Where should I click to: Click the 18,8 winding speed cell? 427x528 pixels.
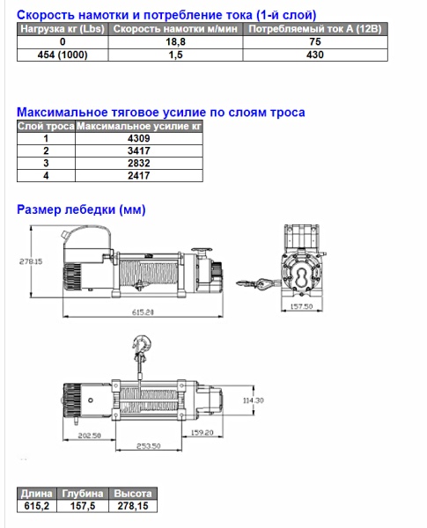click(175, 41)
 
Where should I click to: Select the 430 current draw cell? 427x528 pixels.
click(315, 55)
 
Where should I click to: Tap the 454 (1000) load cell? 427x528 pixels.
click(63, 55)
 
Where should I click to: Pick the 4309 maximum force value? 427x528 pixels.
click(139, 138)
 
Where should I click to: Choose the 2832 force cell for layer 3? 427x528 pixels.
click(139, 163)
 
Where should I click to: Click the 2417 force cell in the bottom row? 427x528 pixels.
click(139, 175)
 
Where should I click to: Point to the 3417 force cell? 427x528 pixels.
click(139, 150)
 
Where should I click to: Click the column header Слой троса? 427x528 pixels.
click(46, 126)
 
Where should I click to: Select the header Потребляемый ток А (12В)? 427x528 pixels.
click(315, 29)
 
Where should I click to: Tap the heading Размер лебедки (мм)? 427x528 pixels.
click(81, 209)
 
